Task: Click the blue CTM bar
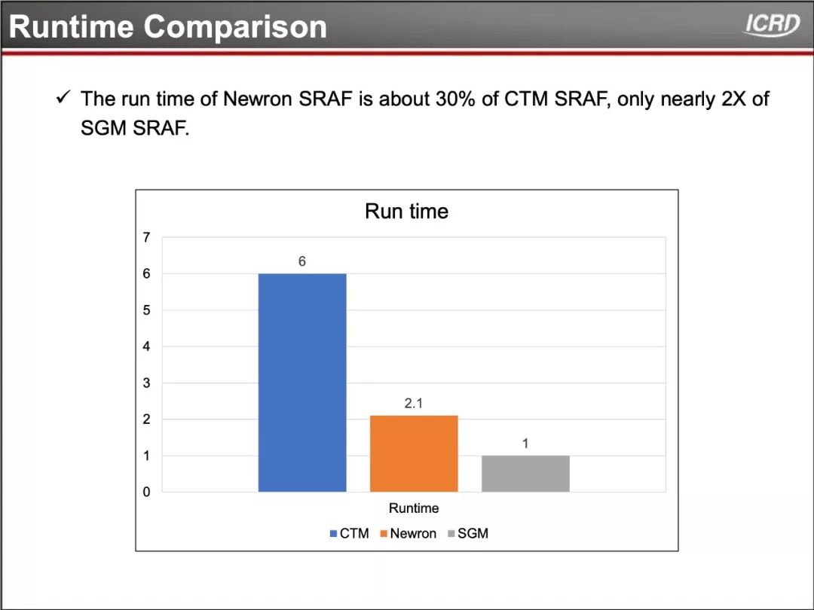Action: pos(302,383)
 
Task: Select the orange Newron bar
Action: pos(414,453)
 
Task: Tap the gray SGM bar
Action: pos(525,474)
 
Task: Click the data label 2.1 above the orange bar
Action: pos(414,403)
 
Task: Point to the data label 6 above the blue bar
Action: pos(302,261)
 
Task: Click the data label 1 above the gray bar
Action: pos(525,444)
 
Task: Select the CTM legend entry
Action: pos(350,533)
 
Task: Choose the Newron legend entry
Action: pos(409,533)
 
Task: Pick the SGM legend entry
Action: pos(468,533)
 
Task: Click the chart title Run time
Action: pos(406,211)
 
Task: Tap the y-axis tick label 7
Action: pos(146,237)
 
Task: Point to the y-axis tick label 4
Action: pos(146,346)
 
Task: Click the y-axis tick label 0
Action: pos(146,492)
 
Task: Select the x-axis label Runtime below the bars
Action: pos(414,508)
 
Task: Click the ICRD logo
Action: pos(772,24)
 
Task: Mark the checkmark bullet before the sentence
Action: pos(63,97)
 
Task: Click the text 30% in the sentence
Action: pos(455,99)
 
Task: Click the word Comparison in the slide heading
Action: pos(235,26)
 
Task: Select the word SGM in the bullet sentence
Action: pos(103,127)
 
